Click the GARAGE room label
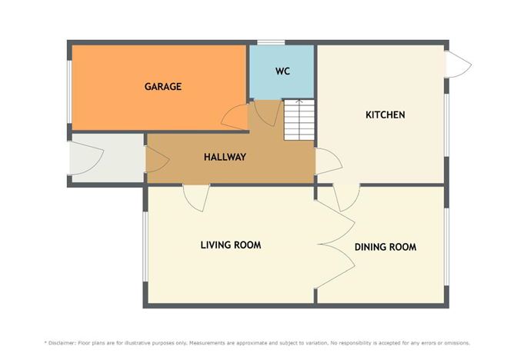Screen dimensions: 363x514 (x=162, y=87)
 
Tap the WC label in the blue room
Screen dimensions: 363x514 (x=282, y=72)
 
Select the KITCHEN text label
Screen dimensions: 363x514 (x=385, y=115)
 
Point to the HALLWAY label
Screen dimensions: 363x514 (x=225, y=157)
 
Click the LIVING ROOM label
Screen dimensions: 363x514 (x=230, y=245)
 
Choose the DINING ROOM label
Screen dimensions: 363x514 (x=385, y=247)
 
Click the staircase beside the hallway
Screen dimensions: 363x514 (x=299, y=119)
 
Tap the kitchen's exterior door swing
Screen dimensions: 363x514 (x=459, y=65)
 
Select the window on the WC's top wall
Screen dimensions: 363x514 (x=270, y=42)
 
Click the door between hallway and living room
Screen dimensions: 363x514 (x=195, y=196)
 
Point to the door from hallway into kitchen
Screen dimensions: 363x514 (x=328, y=162)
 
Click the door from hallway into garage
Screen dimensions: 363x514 (x=235, y=116)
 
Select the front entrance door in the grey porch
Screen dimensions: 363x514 (x=83, y=158)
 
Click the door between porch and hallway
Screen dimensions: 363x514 (x=155, y=159)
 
